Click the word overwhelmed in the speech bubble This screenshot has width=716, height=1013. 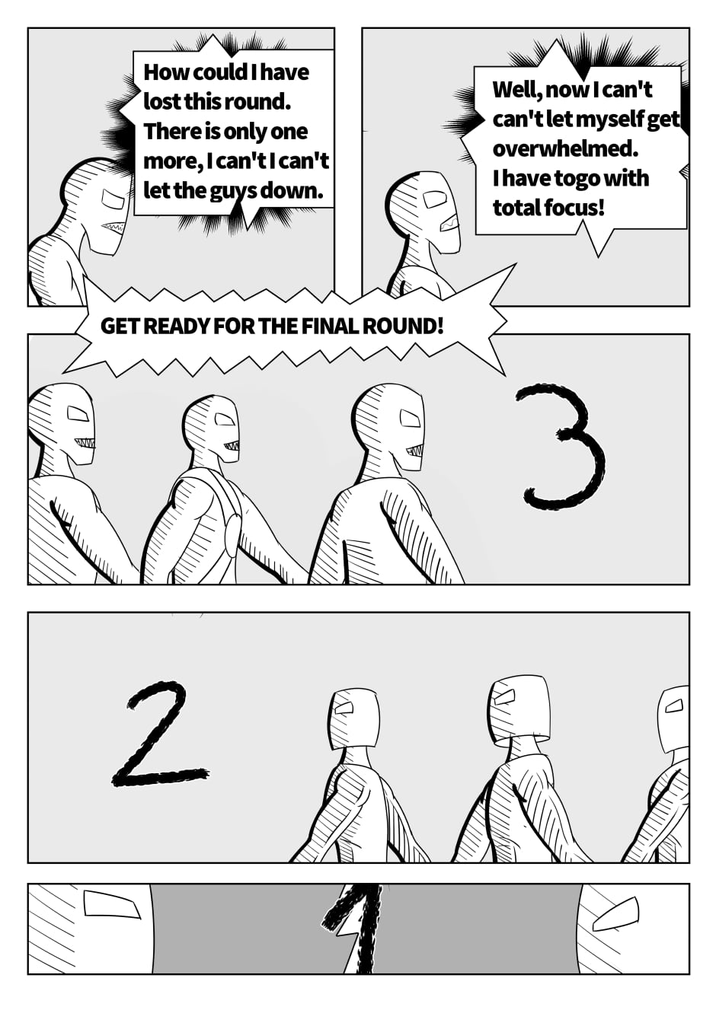pos(565,148)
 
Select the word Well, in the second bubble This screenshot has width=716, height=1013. pos(516,90)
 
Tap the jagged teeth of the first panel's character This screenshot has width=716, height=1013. pos(112,226)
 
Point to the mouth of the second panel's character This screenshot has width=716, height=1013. pos(450,221)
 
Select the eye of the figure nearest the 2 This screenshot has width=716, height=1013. pos(344,707)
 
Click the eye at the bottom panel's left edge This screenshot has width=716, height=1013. pos(112,905)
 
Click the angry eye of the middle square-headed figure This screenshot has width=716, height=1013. pos(503,697)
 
